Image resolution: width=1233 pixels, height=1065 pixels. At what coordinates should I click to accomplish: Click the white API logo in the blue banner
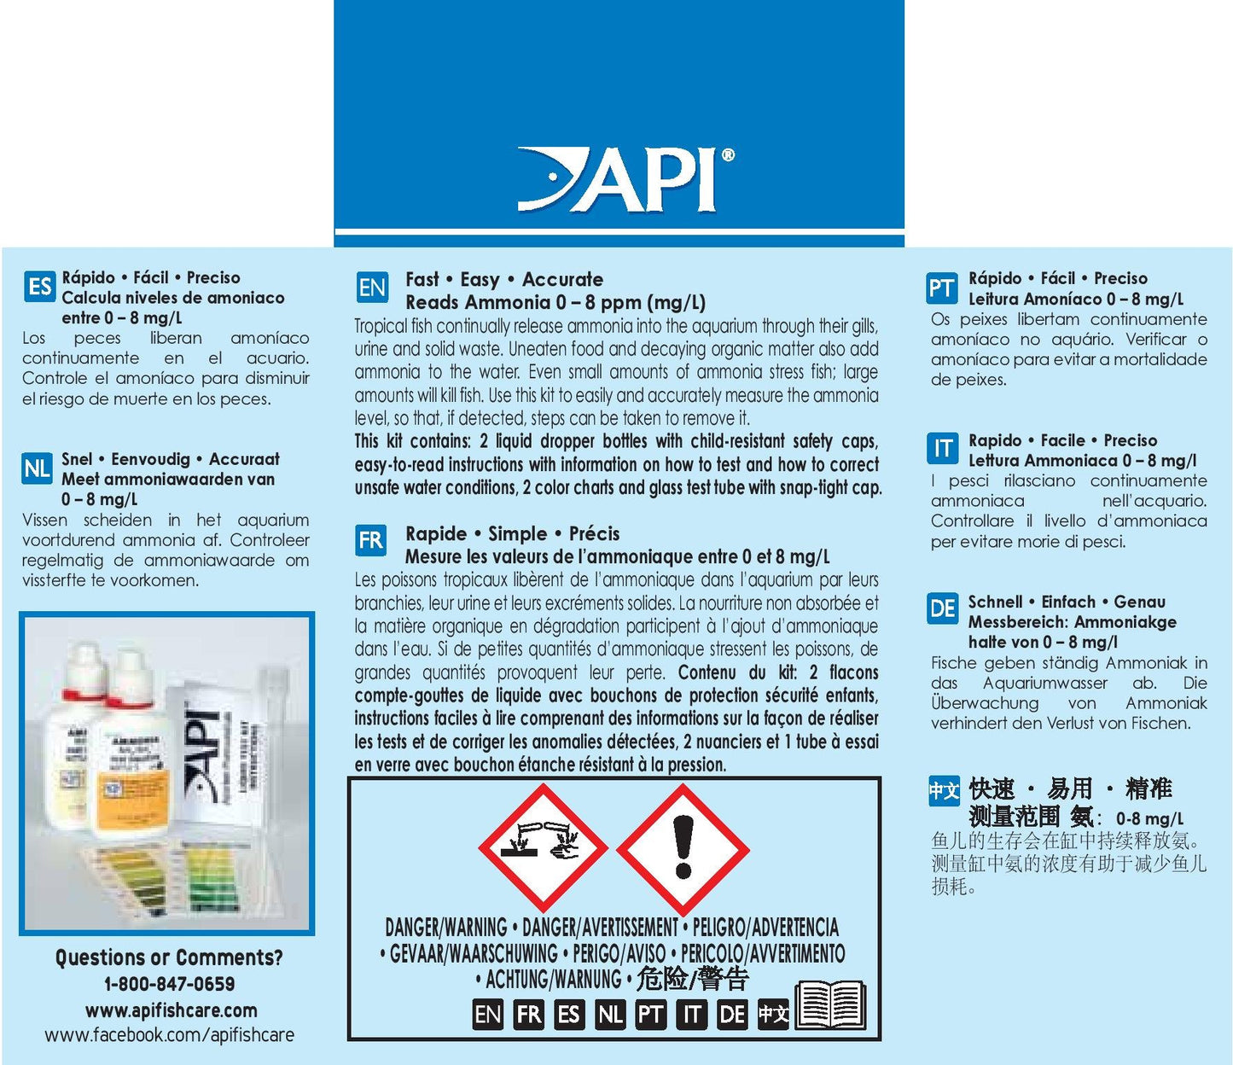(625, 179)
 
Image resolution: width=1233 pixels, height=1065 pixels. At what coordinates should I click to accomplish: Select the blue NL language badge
(38, 468)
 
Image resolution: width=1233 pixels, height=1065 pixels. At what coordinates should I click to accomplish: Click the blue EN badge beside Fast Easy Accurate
(372, 287)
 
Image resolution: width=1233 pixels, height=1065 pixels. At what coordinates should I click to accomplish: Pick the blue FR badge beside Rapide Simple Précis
(370, 540)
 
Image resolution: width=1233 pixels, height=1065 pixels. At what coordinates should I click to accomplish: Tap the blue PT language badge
(942, 288)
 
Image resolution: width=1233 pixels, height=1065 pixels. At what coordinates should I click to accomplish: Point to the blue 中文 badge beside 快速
(944, 791)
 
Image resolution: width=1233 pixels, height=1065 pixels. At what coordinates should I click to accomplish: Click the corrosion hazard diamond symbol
(543, 848)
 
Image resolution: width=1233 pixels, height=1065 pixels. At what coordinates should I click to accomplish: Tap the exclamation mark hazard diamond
(683, 849)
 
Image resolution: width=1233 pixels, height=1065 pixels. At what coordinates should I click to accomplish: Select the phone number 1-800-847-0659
(170, 983)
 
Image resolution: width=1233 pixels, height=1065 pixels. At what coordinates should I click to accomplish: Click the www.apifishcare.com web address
(172, 1010)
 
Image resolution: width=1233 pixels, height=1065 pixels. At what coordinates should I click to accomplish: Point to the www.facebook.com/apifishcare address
(170, 1034)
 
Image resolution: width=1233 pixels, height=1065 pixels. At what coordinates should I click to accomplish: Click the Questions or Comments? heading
(170, 957)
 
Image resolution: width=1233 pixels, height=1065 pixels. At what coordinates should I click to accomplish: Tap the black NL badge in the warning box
(609, 1015)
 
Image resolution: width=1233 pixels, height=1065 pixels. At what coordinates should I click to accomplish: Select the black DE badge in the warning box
(732, 1015)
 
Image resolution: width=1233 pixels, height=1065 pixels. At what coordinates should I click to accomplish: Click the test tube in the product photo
(266, 794)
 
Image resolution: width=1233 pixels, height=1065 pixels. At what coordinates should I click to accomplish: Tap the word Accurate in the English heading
(562, 279)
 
